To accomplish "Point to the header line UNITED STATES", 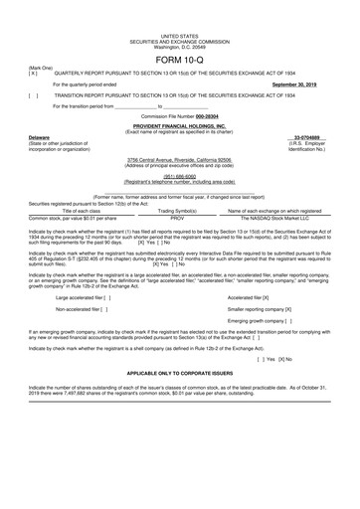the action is tap(179, 6).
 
